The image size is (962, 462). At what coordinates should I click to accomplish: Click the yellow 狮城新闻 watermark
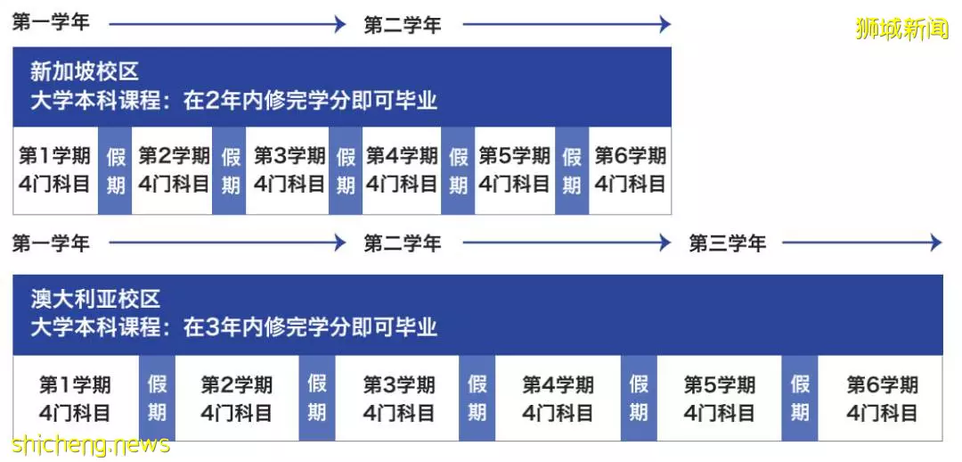(x=901, y=29)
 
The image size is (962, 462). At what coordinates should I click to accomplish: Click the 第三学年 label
(x=727, y=243)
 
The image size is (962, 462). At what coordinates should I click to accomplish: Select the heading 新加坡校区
(x=85, y=72)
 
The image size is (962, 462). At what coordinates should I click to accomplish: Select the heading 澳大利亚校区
(x=95, y=299)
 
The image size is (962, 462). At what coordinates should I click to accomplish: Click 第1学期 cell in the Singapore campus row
(x=55, y=170)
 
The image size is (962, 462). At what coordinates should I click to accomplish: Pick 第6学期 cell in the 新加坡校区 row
(x=630, y=170)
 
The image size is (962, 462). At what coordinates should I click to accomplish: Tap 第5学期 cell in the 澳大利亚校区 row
(x=719, y=398)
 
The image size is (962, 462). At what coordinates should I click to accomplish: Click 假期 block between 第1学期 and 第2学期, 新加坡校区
(x=115, y=170)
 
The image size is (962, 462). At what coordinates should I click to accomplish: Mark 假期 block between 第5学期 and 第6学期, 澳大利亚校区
(x=799, y=398)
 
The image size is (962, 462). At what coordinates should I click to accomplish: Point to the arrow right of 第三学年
(x=862, y=243)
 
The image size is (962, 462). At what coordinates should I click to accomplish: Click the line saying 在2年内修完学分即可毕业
(x=311, y=101)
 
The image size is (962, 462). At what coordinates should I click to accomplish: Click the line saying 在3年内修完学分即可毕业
(x=311, y=326)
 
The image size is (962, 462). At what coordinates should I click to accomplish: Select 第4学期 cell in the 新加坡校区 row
(x=402, y=170)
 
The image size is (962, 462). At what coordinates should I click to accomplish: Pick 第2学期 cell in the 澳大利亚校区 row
(x=237, y=398)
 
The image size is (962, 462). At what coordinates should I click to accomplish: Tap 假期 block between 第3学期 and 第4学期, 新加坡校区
(x=346, y=170)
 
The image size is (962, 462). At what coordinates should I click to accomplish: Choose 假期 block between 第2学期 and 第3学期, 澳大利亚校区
(x=316, y=398)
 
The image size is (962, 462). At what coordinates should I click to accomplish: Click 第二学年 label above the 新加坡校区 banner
(x=403, y=25)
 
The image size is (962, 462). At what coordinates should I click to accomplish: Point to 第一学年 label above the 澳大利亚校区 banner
(x=51, y=243)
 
